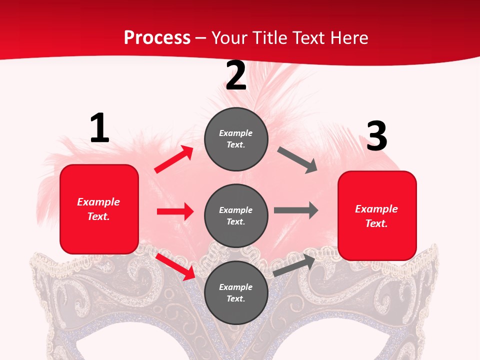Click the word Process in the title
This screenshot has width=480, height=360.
pos(157,38)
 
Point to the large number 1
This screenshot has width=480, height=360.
pos(99,128)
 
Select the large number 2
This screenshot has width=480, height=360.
pos(236,76)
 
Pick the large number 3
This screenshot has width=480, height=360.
pos(376,136)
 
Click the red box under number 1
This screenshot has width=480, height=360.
pos(99,209)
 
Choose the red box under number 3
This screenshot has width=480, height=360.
pos(377,216)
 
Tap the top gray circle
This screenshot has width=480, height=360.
pos(236,139)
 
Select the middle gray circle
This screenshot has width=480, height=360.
pos(236,215)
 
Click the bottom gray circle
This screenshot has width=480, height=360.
pos(236,292)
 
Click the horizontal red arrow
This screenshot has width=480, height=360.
pos(175,211)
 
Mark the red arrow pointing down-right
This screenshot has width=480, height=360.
pos(175,266)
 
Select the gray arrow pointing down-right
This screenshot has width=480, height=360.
pos(297,160)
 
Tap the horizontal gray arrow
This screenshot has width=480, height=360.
pos(296,210)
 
